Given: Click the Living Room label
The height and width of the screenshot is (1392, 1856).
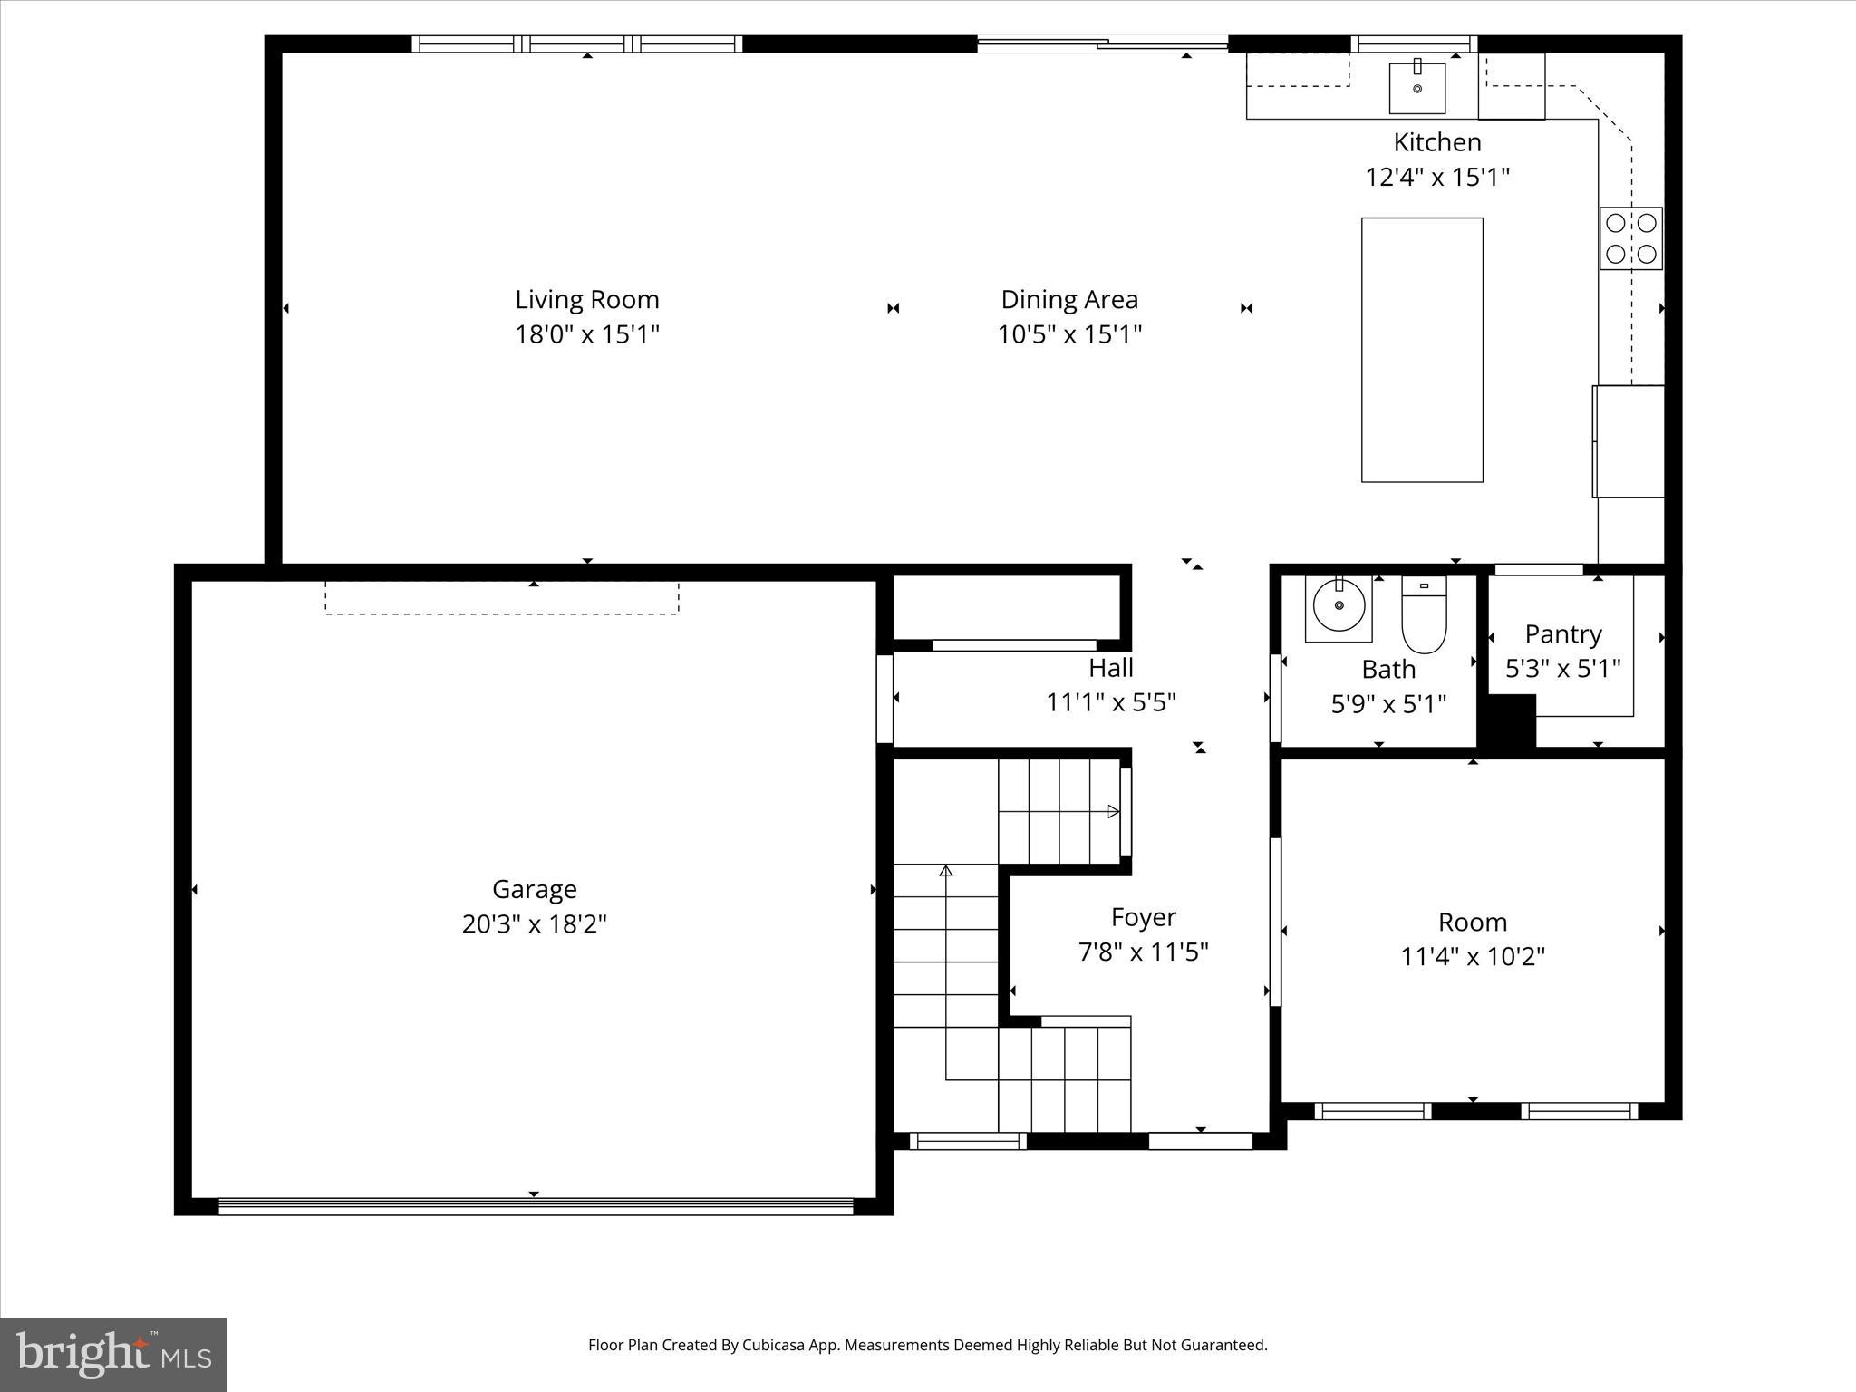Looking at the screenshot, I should coord(587,299).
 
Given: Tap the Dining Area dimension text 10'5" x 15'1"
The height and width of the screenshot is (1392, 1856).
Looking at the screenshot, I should coord(1069,334).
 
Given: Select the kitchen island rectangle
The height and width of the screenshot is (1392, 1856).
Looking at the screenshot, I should coord(1422,350).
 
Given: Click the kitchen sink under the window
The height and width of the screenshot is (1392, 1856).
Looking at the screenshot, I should coord(1417,87).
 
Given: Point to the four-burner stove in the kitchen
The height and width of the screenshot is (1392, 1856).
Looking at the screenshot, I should coord(1630,238).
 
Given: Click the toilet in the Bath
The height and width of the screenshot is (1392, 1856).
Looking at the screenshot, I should coord(1424,615).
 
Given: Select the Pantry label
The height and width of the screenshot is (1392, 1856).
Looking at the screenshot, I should coord(1563,633).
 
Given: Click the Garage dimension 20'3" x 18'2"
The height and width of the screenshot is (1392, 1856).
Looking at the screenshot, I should coord(534,924).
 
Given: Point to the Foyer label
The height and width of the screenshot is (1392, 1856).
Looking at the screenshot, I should coord(1143,917).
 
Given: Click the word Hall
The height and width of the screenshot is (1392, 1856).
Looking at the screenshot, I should coord(1111,668).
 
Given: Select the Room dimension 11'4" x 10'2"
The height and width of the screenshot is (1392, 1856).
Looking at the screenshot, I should coord(1473,957).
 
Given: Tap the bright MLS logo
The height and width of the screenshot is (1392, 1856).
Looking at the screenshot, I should coord(113,1354).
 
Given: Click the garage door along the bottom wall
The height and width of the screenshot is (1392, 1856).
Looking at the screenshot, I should coord(535,1206).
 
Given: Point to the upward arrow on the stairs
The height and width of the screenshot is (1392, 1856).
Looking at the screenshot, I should coord(946,873).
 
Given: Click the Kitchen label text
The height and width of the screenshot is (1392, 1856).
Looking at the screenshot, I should coord(1437,142).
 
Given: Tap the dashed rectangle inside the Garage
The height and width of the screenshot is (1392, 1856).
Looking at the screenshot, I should coord(501,599).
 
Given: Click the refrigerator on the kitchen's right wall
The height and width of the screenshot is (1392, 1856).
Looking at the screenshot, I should coord(1629,441).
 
